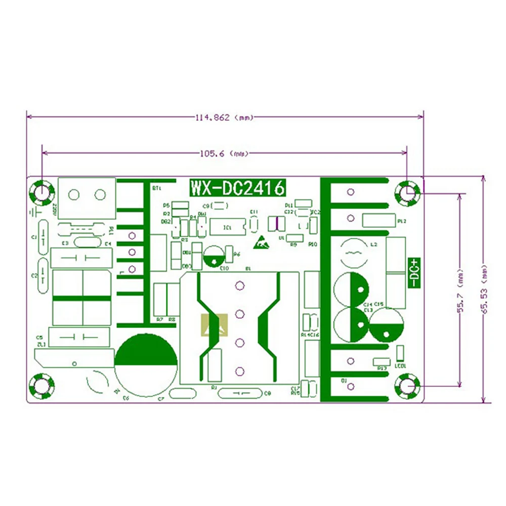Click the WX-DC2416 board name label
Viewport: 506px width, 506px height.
[237, 188]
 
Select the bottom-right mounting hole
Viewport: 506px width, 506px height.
[407, 387]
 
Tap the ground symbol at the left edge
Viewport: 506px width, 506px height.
[33, 213]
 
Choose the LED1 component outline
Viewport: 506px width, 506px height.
[400, 353]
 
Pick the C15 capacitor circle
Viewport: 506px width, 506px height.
[387, 325]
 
